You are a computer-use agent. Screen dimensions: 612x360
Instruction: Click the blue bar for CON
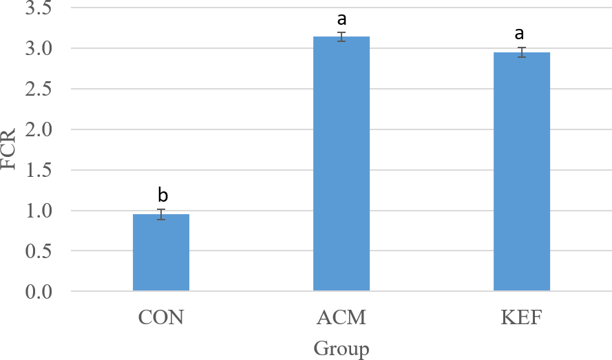161,252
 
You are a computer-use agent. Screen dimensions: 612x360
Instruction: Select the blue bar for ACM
341,164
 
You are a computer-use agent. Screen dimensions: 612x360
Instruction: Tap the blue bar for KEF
522,171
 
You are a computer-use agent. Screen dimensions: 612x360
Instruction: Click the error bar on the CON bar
161,214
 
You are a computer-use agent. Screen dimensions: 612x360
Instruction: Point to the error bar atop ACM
341,36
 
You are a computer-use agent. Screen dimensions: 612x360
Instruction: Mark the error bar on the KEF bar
522,52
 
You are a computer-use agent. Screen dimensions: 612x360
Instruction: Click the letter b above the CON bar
162,194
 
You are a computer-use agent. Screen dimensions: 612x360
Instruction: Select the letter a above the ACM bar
342,19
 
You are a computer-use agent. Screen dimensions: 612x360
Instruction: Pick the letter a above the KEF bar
519,34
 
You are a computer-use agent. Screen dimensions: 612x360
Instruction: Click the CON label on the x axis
161,317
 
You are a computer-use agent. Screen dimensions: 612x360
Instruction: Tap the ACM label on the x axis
341,317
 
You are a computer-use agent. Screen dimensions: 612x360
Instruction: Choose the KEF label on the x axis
521,317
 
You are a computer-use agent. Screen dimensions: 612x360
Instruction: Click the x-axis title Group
341,348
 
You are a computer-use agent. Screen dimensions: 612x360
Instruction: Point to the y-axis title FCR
8,149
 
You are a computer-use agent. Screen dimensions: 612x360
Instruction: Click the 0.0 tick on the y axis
39,292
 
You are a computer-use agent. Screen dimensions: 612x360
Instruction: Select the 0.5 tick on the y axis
39,251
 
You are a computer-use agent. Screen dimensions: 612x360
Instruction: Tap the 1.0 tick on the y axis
39,211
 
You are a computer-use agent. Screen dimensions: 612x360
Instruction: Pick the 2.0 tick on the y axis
39,129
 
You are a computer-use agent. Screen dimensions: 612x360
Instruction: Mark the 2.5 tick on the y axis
39,89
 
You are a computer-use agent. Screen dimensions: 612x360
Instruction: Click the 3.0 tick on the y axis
39,49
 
